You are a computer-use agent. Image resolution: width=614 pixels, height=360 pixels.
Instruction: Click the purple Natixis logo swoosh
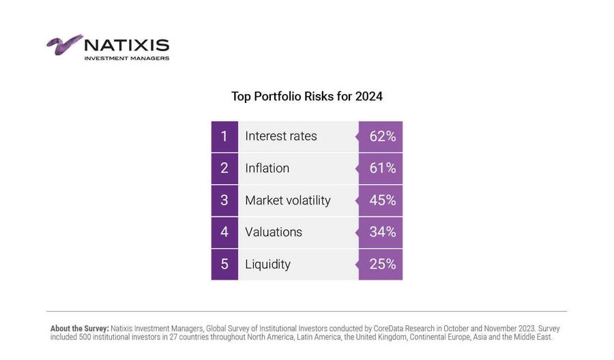64,44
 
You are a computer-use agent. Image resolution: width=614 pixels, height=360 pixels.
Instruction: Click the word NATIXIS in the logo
126,46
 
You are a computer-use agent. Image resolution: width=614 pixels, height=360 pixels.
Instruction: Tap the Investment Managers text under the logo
126,59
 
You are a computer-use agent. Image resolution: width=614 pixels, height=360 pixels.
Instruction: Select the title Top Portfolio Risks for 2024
306,96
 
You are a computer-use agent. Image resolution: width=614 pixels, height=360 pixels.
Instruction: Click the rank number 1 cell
224,136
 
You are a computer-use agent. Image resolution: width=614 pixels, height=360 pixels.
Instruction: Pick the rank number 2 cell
224,168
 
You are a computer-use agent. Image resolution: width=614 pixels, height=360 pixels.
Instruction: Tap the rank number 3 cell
224,200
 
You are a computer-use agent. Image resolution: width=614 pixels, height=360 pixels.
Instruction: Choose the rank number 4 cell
224,232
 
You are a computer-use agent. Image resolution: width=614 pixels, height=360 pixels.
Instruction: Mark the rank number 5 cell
224,265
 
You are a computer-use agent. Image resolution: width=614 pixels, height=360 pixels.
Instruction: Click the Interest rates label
281,136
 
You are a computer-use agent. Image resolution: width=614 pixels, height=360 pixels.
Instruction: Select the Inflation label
267,168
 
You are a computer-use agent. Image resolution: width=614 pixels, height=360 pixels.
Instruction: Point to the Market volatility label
287,200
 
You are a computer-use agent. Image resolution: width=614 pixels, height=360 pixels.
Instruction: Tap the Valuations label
273,232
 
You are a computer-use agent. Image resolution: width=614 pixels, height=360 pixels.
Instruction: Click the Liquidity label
267,265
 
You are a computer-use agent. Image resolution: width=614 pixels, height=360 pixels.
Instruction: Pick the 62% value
382,136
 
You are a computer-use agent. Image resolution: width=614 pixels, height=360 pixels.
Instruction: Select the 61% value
382,168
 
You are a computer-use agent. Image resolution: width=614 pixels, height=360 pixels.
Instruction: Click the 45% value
382,200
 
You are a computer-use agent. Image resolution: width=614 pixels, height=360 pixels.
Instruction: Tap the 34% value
382,232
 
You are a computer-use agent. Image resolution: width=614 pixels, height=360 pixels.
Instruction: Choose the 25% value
382,265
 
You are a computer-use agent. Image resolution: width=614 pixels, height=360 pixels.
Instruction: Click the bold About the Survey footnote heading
79,329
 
